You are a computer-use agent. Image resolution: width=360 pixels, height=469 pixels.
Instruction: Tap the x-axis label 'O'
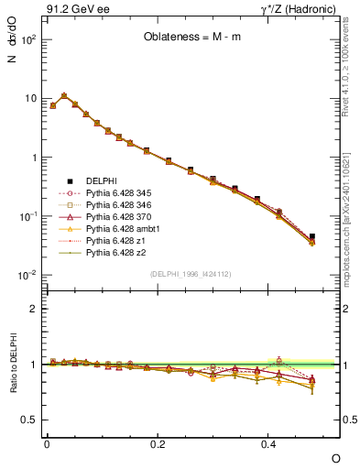[x=335, y=457]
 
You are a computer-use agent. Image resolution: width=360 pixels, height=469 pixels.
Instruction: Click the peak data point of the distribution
[x=64, y=95]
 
